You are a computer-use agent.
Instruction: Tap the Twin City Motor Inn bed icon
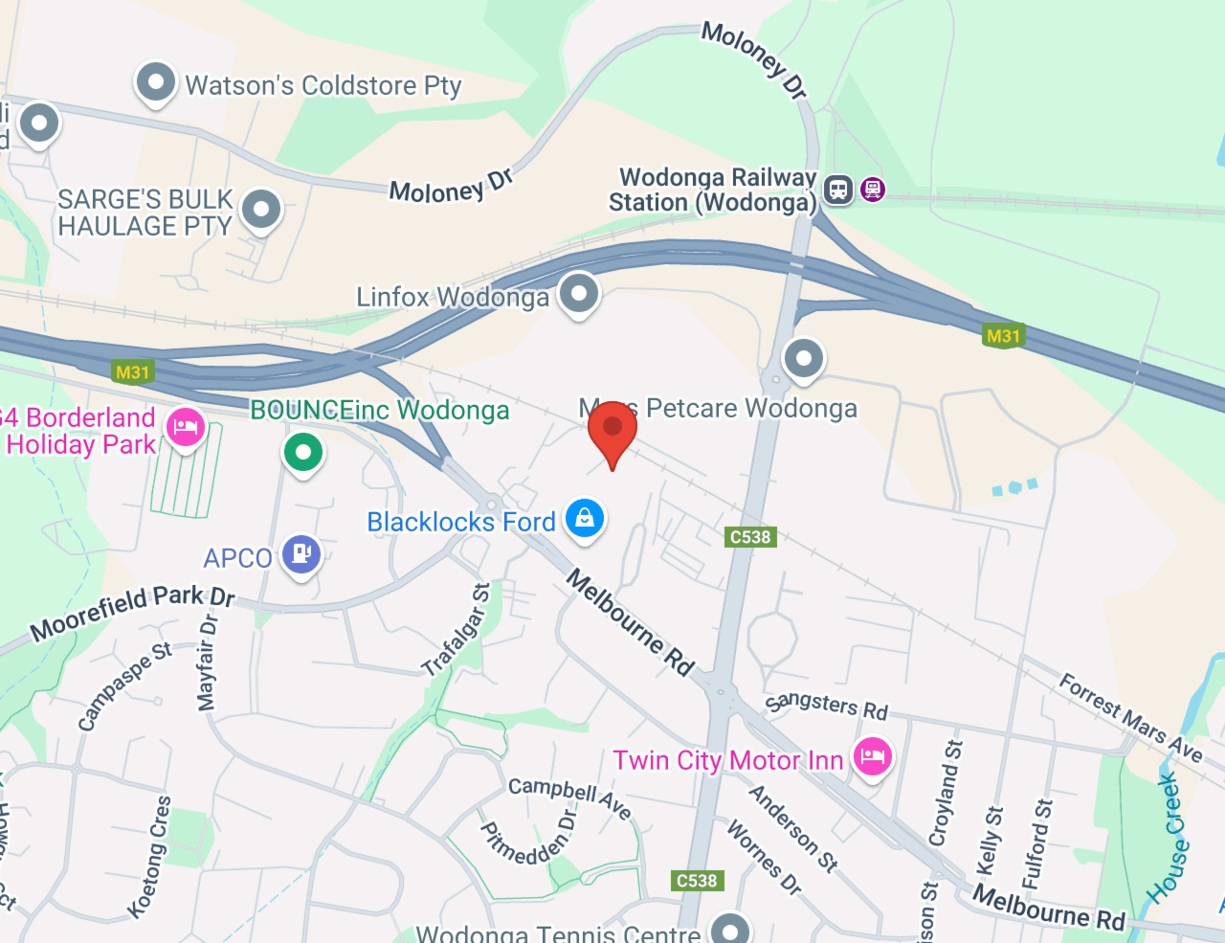click(872, 757)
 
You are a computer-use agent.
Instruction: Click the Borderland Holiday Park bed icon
click(185, 427)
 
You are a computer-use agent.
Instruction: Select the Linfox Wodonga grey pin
click(579, 293)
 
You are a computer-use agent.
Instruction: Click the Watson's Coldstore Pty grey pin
click(155, 82)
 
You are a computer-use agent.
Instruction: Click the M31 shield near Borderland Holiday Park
click(132, 372)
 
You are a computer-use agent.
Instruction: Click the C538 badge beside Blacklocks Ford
click(750, 537)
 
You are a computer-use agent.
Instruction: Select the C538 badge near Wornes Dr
click(697, 880)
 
